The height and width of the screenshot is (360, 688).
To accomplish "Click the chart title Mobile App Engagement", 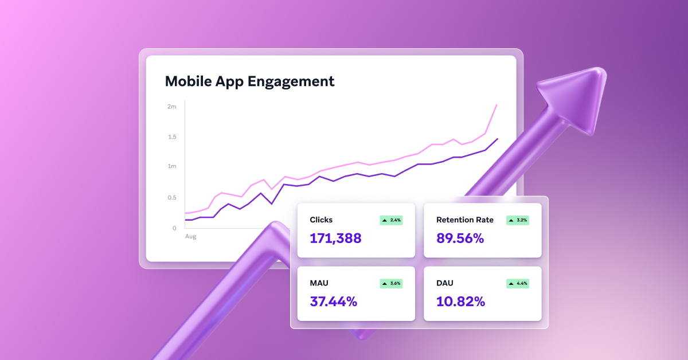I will click(x=249, y=81).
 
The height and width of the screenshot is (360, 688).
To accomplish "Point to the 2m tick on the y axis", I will click(x=171, y=107).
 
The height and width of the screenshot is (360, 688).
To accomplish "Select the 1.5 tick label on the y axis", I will click(x=171, y=137).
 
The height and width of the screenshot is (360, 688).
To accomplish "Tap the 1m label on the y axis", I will click(x=171, y=166).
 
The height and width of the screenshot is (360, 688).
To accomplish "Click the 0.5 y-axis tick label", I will click(x=171, y=198).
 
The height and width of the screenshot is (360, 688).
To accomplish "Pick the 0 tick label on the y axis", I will click(x=174, y=228).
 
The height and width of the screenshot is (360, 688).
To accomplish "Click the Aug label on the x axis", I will click(x=190, y=236).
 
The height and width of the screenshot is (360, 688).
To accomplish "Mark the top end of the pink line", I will click(x=497, y=105).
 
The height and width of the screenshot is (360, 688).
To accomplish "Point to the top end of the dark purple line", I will click(x=497, y=139).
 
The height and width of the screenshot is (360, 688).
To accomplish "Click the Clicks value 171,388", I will click(x=335, y=238).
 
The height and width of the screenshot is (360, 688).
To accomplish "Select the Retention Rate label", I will click(x=465, y=220).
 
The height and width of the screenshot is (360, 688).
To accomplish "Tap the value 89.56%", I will click(x=460, y=238).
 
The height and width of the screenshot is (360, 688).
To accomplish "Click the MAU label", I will click(x=319, y=283).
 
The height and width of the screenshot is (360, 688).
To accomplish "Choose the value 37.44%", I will click(x=333, y=302).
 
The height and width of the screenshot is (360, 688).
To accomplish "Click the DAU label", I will click(x=445, y=283).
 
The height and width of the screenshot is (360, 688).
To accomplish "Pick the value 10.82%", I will click(x=460, y=302).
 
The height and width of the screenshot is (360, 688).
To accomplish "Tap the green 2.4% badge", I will click(x=391, y=220).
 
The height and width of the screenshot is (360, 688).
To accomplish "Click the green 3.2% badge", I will click(x=517, y=220).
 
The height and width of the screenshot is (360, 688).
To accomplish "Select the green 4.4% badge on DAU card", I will click(x=517, y=283).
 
